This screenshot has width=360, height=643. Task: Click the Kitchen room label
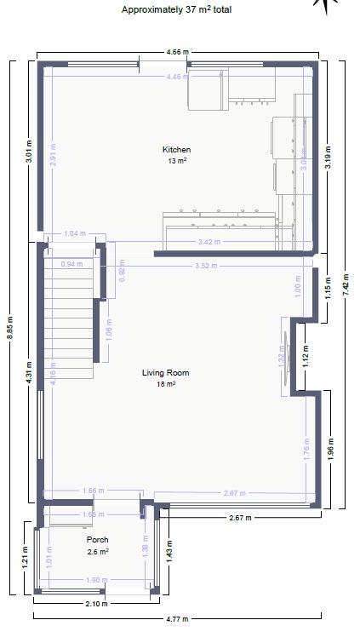point(177,150)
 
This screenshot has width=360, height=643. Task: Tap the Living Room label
point(165,373)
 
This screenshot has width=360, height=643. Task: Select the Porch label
point(98,540)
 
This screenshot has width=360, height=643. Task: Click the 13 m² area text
point(177,160)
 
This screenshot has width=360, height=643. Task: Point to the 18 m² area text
point(165,384)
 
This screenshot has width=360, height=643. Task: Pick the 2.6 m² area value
point(98,551)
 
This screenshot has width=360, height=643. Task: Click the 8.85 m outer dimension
point(10,328)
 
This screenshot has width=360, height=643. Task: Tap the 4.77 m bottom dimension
point(177,618)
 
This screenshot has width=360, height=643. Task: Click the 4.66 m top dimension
point(177,52)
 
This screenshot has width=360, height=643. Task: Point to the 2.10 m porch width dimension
point(98,603)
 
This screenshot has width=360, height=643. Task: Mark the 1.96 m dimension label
point(330,450)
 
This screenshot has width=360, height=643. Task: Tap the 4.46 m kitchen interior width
point(178,78)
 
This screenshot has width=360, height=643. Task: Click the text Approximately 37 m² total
point(176,10)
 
